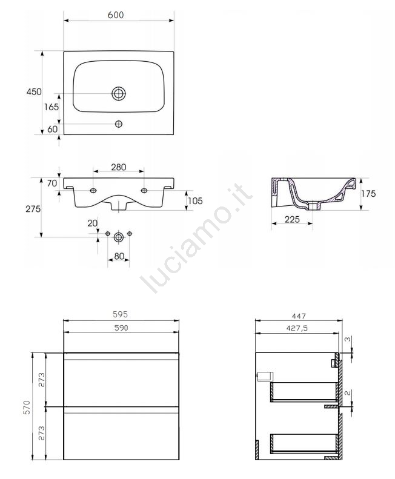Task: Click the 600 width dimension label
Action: pos(116,15)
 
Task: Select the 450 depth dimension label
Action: pos(34,91)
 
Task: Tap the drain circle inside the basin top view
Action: pos(119,93)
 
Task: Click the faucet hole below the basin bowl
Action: pos(119,124)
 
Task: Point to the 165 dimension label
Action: pos(51,107)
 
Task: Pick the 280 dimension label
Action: pos(119,167)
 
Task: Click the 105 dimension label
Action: pos(195,200)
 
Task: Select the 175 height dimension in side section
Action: pos(368,194)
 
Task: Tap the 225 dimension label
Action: pos(292,219)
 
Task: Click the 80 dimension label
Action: pos(119,256)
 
